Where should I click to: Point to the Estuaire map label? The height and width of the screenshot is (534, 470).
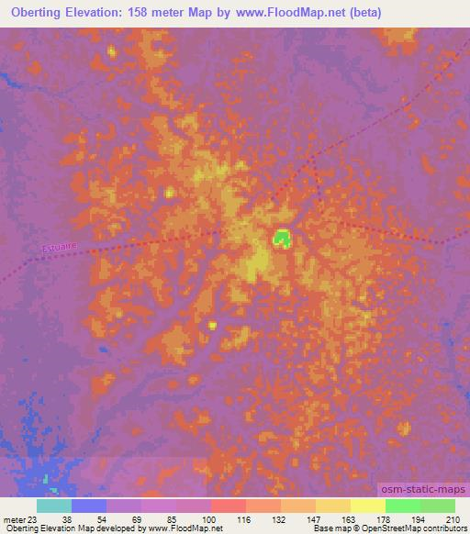tap(58, 247)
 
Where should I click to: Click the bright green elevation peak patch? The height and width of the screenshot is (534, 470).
tap(282, 239)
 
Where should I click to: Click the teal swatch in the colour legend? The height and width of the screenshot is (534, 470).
tap(54, 506)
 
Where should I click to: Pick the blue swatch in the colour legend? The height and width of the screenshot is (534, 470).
tap(89, 506)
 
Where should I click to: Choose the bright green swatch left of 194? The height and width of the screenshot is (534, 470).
tap(402, 506)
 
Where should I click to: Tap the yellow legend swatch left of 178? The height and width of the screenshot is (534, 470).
tap(368, 506)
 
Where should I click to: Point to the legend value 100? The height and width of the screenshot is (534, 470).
tap(210, 519)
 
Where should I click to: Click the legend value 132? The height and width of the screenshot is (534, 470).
tap(280, 519)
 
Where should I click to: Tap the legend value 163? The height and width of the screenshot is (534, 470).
tap(350, 519)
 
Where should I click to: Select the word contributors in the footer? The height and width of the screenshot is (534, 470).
tap(442, 529)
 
